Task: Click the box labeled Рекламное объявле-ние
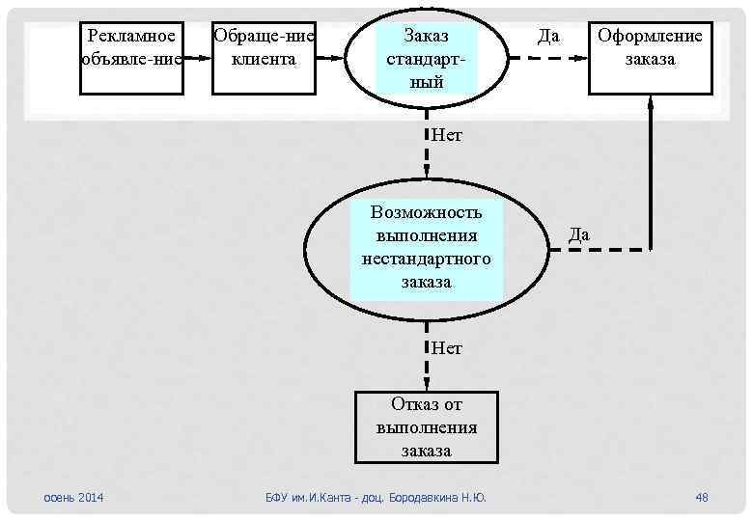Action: pos(131,58)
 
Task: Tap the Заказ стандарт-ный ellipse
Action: pos(427,58)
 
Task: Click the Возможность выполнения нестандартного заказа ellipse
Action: pos(427,248)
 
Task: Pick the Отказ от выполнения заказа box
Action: pos(427,426)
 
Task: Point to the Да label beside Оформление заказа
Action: pos(548,37)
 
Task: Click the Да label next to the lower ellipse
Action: pos(579,234)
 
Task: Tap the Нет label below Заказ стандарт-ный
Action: pos(447,135)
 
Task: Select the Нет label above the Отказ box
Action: pos(447,347)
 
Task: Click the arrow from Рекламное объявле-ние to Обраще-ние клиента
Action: pos(197,57)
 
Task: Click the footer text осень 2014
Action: pos(75,497)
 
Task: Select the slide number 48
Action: pos(702,497)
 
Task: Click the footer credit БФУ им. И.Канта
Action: pos(376,497)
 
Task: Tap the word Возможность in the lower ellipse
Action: pos(427,212)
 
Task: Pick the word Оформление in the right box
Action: pos(650,37)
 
